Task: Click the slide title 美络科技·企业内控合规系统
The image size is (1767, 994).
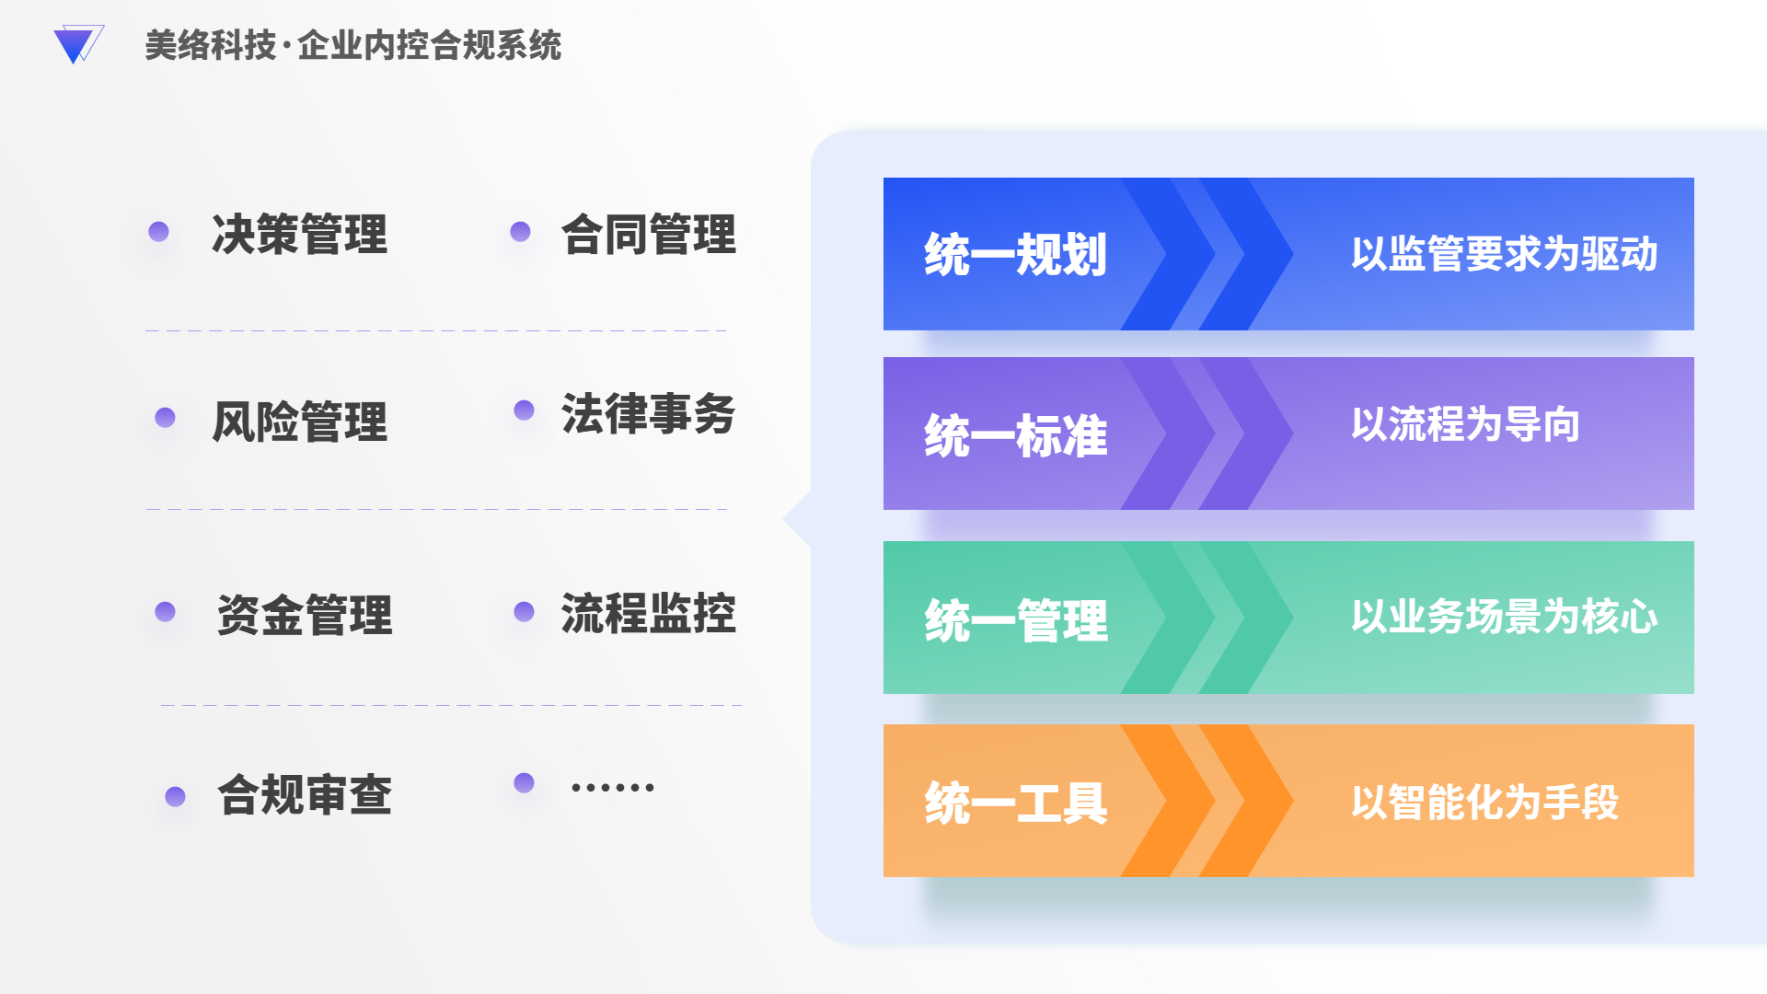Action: (353, 45)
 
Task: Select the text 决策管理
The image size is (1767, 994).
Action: (299, 234)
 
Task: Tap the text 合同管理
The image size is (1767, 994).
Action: (649, 234)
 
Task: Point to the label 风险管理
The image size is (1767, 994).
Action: (299, 422)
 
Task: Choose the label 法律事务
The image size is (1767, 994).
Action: (649, 413)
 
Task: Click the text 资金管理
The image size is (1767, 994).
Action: (305, 615)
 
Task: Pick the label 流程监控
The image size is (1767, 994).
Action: (649, 613)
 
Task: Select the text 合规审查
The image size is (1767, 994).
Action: (305, 794)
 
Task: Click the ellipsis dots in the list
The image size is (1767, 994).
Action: (613, 787)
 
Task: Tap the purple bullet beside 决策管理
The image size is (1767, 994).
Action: (158, 231)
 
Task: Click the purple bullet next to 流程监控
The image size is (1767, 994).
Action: (524, 612)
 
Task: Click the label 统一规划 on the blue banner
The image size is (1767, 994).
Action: (1016, 254)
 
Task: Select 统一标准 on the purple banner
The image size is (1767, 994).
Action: (1016, 435)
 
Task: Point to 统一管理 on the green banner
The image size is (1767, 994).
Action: (1016, 619)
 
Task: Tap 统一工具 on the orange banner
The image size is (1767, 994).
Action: (1016, 803)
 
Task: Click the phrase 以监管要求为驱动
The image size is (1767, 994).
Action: (1505, 254)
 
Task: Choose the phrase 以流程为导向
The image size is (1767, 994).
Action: (1466, 424)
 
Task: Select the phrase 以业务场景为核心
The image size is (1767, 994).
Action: (1505, 617)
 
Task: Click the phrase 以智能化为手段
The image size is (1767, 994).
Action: (1485, 803)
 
